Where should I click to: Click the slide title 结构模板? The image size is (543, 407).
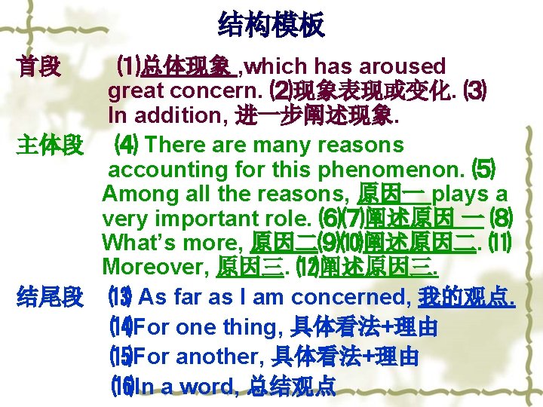click(271, 25)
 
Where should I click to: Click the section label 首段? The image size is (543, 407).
click(38, 68)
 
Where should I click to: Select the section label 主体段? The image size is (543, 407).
click(50, 145)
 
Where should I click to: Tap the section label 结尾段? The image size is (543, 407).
click(50, 298)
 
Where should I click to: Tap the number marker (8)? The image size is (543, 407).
click(500, 219)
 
